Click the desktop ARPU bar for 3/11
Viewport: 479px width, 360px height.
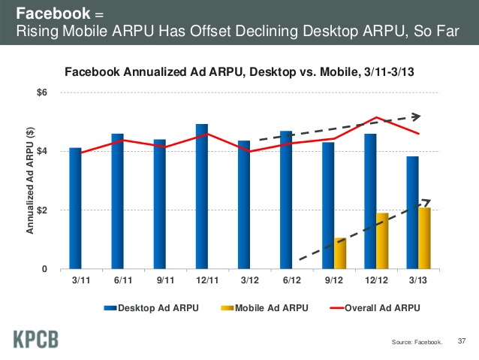click(75, 208)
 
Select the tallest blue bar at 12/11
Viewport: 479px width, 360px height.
click(201, 196)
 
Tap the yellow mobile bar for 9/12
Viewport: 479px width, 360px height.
click(340, 253)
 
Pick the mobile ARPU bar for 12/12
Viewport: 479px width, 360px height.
click(382, 241)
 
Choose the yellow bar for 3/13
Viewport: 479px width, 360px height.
click(424, 238)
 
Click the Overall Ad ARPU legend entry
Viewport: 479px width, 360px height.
click(378, 307)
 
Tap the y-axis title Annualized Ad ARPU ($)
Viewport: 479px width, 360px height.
click(31, 180)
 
